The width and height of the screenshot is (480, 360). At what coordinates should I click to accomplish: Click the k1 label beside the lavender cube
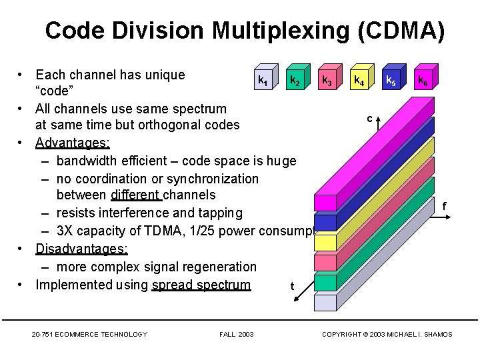[263, 83]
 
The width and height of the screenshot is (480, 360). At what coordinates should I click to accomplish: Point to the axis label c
[369, 119]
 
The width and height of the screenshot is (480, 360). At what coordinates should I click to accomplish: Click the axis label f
[443, 207]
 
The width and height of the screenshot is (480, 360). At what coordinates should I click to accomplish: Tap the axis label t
[292, 287]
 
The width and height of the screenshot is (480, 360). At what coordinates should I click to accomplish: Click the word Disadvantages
[81, 249]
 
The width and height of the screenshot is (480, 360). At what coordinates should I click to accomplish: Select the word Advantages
[73, 143]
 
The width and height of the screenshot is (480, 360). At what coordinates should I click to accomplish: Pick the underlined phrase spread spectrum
[201, 285]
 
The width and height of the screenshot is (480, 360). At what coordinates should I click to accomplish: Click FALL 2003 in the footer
[236, 334]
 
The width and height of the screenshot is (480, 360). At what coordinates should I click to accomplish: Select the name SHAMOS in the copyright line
[437, 334]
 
